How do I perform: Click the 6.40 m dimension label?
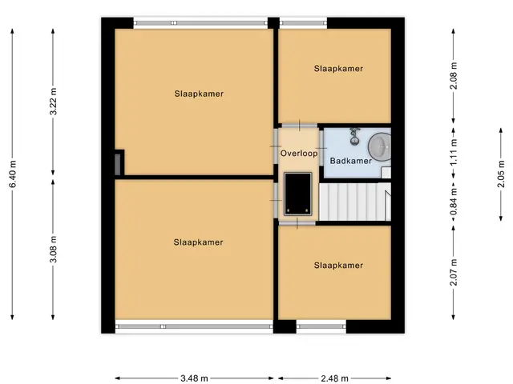point(13,174)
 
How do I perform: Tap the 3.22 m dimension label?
point(54,102)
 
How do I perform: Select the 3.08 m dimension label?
point(54,249)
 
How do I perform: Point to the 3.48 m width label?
point(194,378)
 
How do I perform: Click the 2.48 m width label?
point(334,378)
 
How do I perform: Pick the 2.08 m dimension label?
point(454,76)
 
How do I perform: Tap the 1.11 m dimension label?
point(454,153)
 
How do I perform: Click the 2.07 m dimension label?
point(454,272)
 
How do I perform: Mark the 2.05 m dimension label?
point(501,174)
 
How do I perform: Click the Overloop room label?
point(299,153)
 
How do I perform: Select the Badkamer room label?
point(351,161)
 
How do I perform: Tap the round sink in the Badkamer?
point(379,147)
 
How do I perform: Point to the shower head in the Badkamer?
point(353,137)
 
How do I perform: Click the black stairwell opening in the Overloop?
point(297,194)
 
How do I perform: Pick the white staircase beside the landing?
point(355,202)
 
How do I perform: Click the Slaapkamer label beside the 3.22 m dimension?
point(199,94)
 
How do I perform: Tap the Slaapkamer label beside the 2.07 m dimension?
point(338,265)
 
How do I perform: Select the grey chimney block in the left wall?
point(118,164)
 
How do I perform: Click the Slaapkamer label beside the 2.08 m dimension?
point(338,69)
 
